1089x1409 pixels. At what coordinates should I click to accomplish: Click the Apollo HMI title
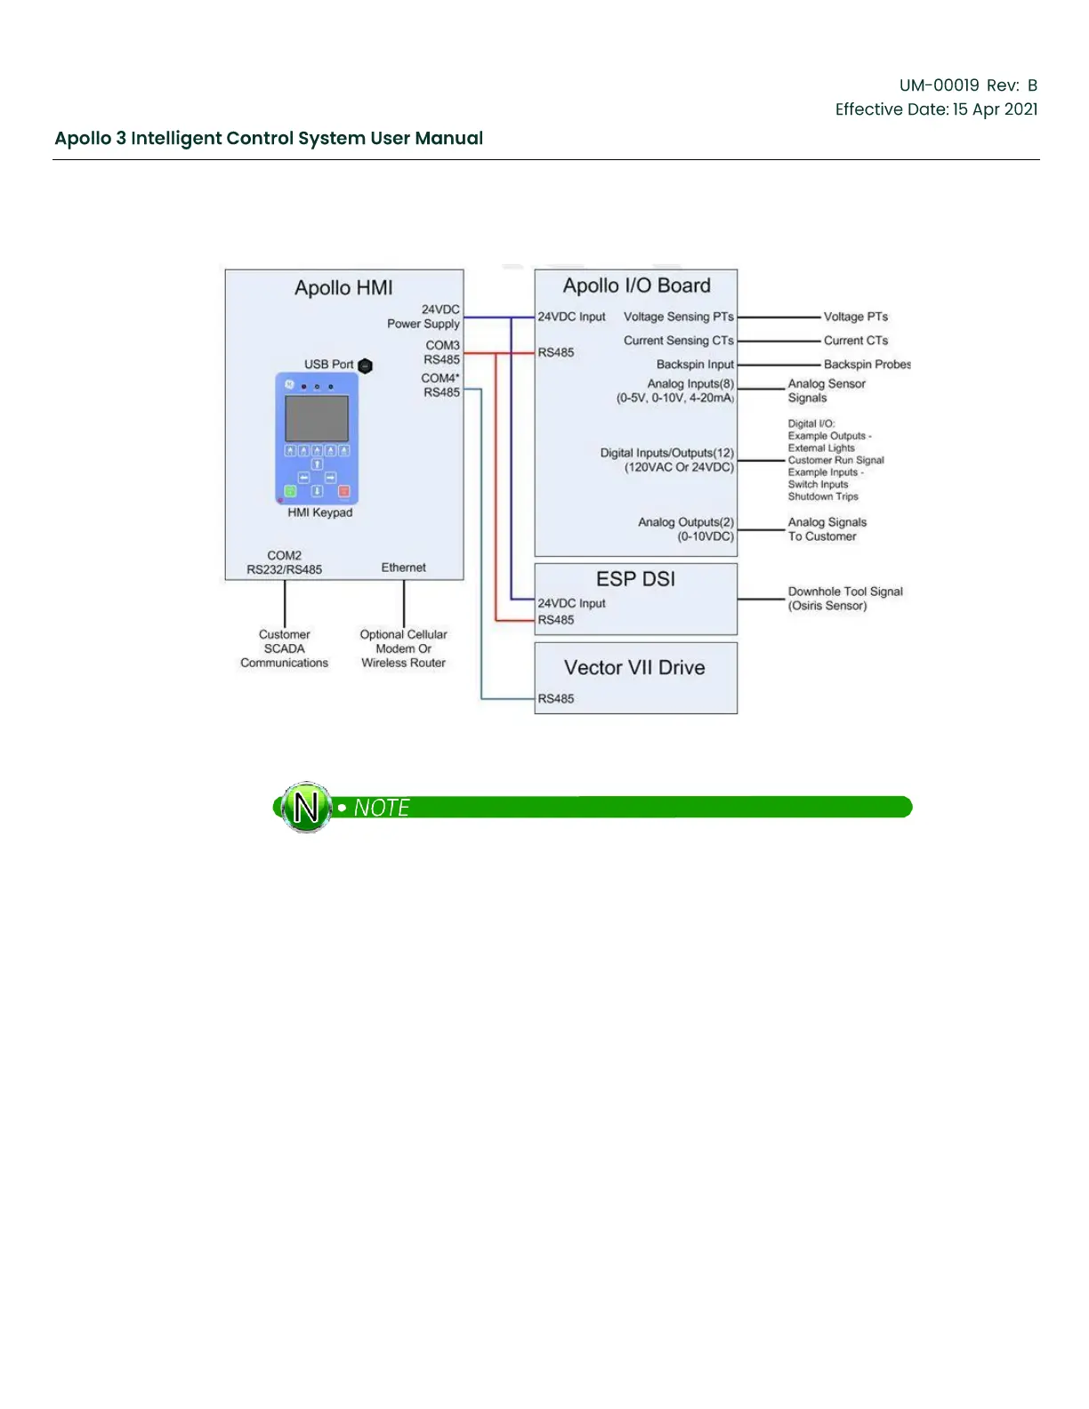343,288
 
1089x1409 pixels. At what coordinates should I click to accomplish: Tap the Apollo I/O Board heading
636,286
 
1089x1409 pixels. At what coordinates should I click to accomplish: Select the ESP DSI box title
635,579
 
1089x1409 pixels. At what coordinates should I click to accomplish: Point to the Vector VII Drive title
634,668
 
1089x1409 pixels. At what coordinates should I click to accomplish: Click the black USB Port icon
365,366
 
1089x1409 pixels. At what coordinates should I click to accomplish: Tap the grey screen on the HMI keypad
316,418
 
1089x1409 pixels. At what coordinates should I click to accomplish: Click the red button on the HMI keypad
344,491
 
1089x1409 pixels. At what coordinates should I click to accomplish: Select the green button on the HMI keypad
290,491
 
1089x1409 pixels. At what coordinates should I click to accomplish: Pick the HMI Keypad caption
319,512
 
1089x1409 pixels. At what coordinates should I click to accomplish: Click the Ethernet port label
403,568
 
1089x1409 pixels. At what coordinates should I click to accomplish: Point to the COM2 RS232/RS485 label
285,562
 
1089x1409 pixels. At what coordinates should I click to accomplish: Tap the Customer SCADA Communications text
284,648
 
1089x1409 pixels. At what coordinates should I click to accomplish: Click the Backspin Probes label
867,365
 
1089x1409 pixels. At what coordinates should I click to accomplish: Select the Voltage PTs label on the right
855,317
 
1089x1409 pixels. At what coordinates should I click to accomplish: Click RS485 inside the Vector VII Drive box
556,699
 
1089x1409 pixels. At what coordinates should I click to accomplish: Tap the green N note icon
306,808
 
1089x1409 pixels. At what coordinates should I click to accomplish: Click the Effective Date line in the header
936,109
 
